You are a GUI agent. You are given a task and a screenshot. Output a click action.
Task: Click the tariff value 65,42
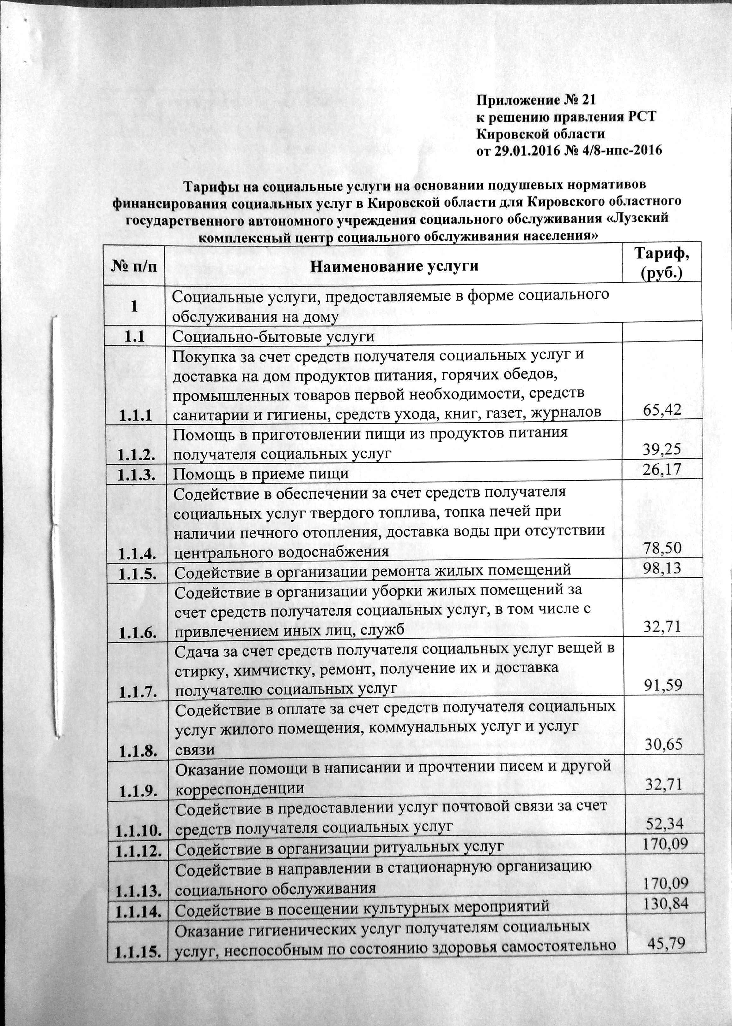point(662,410)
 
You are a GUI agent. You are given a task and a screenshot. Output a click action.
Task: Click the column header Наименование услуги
point(394,266)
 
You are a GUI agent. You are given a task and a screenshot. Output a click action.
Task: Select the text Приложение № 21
point(536,100)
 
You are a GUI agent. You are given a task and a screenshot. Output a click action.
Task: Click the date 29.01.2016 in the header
point(528,150)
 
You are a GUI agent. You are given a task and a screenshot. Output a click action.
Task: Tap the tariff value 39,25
point(662,449)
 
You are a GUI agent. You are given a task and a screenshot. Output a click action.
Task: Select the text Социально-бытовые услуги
point(273,337)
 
